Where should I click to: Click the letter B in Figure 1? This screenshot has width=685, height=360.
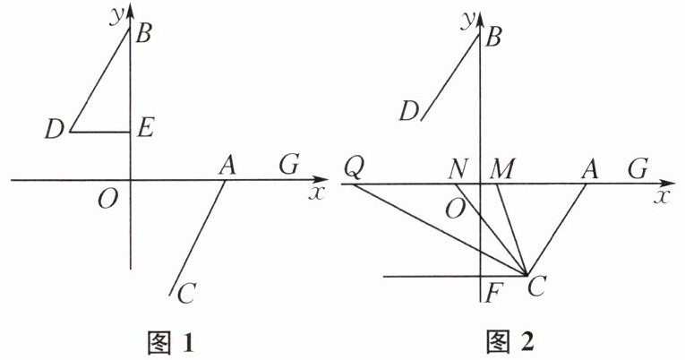click(144, 35)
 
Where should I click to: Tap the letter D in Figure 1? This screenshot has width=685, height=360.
click(56, 131)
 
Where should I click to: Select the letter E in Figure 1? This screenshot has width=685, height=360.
click(146, 129)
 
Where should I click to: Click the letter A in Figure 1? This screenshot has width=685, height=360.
click(227, 165)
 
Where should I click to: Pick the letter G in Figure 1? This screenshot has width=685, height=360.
click(288, 164)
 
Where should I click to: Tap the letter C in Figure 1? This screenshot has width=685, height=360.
click(186, 293)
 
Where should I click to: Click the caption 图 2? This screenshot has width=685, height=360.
click(514, 341)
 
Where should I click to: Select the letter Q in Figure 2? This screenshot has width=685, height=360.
click(354, 167)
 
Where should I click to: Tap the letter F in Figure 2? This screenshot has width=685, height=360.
click(490, 290)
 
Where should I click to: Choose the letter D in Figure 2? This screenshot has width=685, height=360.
click(409, 111)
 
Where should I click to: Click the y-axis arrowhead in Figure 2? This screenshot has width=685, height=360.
click(481, 13)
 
